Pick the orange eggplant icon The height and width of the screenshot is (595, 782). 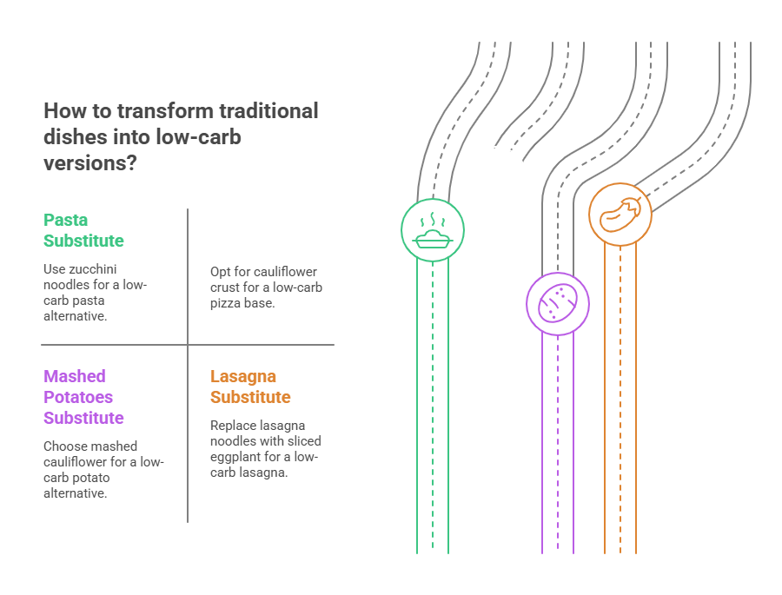[x=620, y=214]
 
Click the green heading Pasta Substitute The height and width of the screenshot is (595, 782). [x=83, y=230]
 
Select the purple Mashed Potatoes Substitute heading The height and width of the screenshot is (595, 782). [x=83, y=397]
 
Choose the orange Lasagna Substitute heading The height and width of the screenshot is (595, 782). [x=250, y=387]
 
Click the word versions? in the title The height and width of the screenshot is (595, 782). [x=89, y=162]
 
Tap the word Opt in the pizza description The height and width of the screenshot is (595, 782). [x=221, y=271]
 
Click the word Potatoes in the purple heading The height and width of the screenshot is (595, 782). [x=78, y=397]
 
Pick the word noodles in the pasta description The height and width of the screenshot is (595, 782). [x=66, y=285]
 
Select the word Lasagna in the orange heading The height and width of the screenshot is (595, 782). [x=243, y=376]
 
